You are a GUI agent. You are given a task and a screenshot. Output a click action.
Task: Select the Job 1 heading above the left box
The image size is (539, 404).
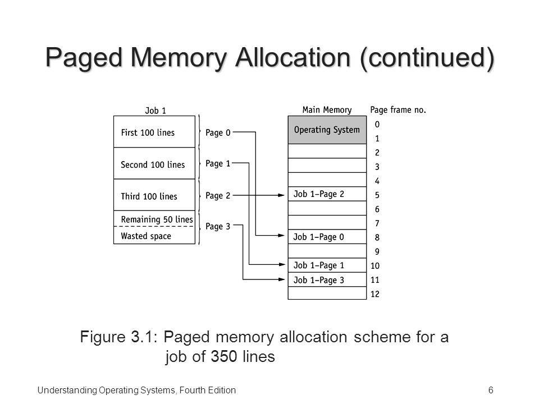155,111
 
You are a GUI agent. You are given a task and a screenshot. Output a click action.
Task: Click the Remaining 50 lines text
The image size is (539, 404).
157,219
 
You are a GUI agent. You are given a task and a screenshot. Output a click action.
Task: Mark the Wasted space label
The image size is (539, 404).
146,236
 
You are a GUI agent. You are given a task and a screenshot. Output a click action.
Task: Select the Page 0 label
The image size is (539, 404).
218,133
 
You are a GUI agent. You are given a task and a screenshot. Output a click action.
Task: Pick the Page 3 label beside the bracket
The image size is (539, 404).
218,227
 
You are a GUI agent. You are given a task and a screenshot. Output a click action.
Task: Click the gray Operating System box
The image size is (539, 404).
326,130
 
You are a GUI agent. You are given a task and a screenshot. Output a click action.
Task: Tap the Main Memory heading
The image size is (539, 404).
326,110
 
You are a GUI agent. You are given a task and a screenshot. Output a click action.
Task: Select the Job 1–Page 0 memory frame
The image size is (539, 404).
326,237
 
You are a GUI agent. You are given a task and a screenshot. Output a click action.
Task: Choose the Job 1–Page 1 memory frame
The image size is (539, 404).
326,265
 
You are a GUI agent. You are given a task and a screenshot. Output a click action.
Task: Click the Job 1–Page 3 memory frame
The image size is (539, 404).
326,279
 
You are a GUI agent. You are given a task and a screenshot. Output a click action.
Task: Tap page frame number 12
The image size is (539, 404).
375,294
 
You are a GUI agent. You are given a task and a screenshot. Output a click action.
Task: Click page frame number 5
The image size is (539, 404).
377,195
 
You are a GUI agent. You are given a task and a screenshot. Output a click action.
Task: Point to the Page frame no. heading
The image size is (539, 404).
398,110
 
